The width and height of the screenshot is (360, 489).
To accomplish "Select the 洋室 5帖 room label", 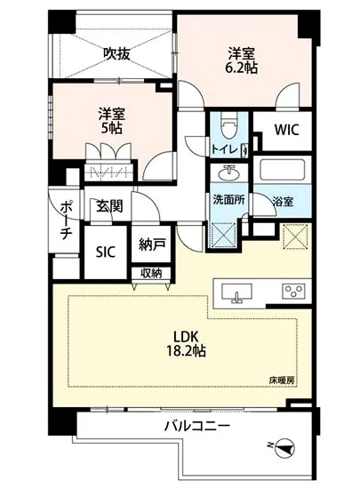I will [x=111, y=120].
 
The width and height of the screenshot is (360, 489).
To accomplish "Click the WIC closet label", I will [x=286, y=130].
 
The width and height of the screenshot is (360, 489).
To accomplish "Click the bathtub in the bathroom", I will [x=283, y=171].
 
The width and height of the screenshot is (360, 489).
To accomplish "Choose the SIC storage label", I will [x=106, y=251].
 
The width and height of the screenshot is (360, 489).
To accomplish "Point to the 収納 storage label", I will [x=151, y=273].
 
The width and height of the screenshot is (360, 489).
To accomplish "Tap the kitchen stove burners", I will [x=293, y=292].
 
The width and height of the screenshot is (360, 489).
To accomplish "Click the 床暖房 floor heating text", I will [x=282, y=380].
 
